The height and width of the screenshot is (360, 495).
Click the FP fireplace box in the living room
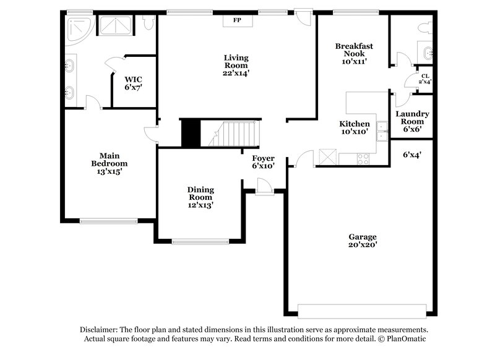[x=236, y=20]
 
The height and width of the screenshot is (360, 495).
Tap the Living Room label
[x=236, y=65]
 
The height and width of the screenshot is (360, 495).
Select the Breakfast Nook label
[x=353, y=53]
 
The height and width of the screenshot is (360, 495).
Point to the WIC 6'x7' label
[x=134, y=83]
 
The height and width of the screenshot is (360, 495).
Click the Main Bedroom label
[x=109, y=163]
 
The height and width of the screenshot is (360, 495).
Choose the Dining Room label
[x=200, y=197]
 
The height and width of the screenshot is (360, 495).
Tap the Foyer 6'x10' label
[x=263, y=162]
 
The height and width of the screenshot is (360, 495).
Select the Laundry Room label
[x=412, y=121]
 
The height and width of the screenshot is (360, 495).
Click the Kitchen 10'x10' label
[x=355, y=127]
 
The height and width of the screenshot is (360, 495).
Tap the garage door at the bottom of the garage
[x=361, y=311]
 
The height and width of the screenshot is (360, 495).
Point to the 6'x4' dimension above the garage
[x=412, y=154]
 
